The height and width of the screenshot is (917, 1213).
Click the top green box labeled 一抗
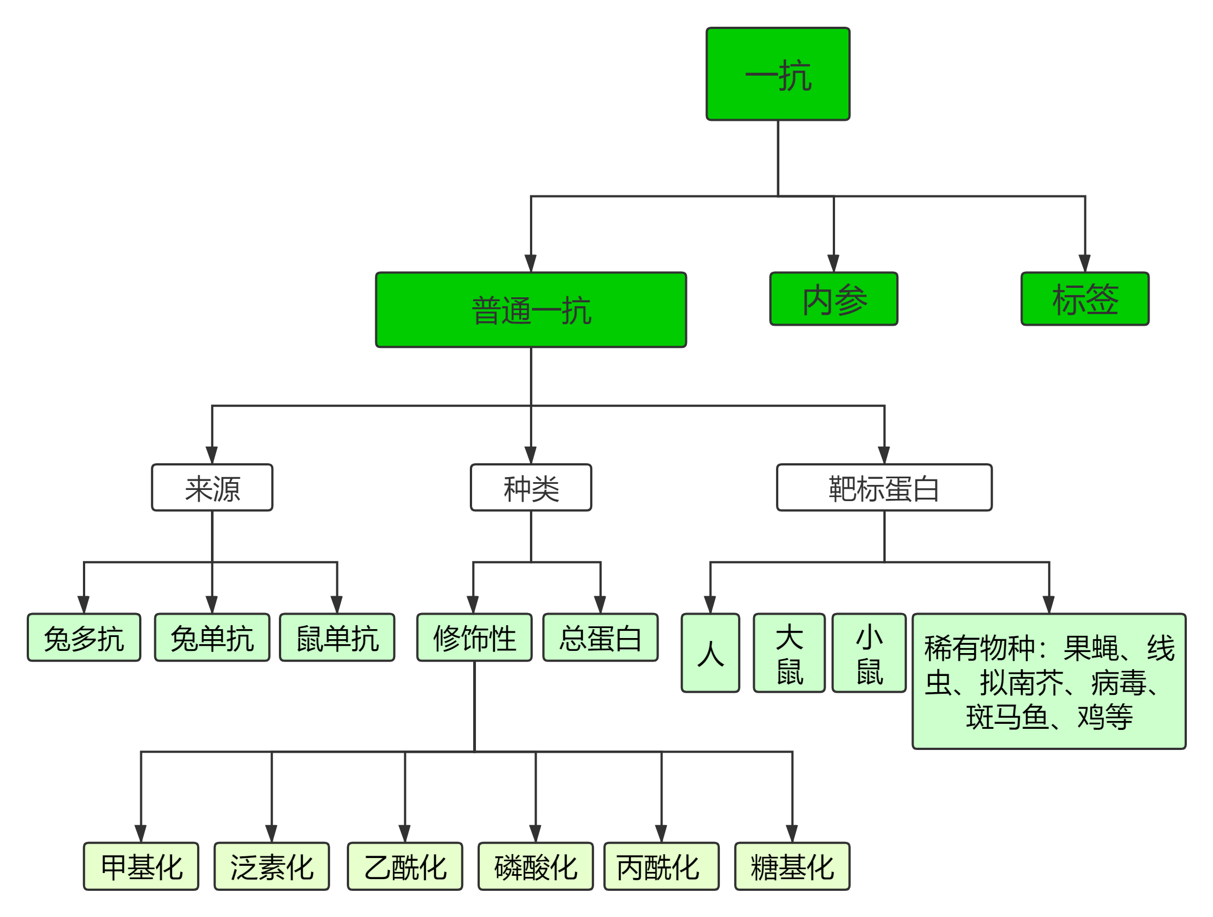click(778, 74)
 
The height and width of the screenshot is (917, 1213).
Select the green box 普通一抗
click(531, 310)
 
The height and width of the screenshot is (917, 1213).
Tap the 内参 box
click(833, 299)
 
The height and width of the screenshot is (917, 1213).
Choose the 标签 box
click(1085, 299)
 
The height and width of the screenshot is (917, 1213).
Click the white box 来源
click(212, 488)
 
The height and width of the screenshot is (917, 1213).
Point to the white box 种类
click(531, 488)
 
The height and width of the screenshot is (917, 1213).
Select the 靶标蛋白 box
click(884, 488)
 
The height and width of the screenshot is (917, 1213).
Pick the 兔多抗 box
click(84, 638)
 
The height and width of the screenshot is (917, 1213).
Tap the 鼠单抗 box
click(337, 638)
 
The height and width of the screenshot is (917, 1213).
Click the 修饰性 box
click(474, 638)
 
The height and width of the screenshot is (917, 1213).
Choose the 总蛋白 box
click(600, 638)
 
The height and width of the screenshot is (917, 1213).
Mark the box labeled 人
click(710, 653)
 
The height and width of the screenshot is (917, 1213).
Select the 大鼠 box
click(789, 653)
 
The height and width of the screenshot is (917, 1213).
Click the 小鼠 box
click(869, 653)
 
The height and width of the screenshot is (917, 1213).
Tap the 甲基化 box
click(141, 866)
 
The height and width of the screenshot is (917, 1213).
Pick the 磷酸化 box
click(536, 866)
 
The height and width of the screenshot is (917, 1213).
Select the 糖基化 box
click(792, 866)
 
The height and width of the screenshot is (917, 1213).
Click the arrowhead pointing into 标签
click(1084, 263)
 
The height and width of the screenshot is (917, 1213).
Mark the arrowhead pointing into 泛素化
click(272, 833)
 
